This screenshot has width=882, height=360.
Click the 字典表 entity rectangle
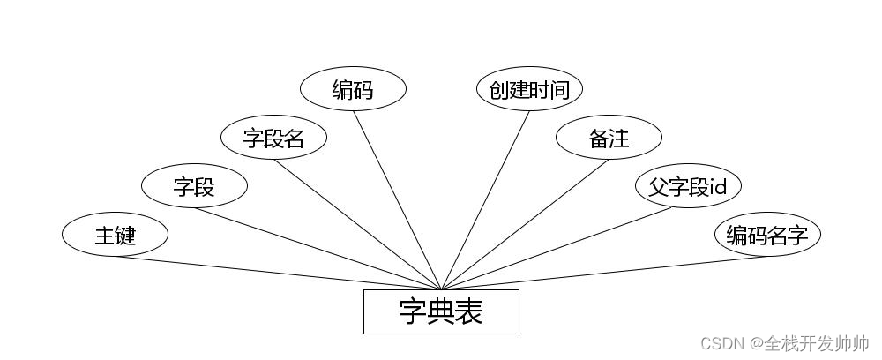point(441,311)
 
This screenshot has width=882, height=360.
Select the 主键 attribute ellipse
point(115,235)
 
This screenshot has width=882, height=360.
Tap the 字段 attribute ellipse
point(194,186)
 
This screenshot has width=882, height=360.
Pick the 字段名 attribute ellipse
point(273,138)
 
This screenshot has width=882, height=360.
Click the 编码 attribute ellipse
point(353,89)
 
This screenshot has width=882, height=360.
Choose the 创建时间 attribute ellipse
point(529,89)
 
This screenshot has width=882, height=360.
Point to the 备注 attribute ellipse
point(609,138)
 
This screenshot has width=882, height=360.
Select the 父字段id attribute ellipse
point(688,186)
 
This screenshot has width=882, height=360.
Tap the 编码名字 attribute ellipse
point(767,235)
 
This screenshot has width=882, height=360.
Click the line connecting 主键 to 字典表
point(278,273)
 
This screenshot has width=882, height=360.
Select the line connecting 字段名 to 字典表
point(357,224)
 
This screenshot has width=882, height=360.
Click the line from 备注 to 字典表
point(525,224)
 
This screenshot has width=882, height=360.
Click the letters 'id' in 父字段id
point(719,186)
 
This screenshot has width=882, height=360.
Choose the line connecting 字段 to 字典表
point(318,248)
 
